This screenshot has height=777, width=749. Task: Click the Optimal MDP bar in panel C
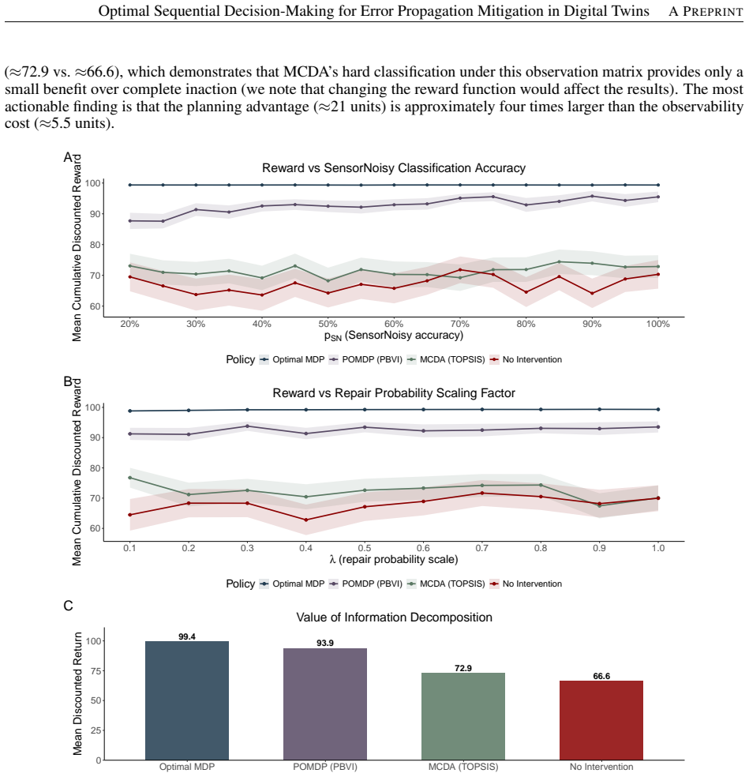pos(187,700)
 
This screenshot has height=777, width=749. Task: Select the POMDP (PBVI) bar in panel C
pos(325,704)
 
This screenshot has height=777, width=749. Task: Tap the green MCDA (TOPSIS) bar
pos(463,716)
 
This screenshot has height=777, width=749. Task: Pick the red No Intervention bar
pos(601,720)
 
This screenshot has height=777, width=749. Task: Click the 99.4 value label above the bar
pos(187,636)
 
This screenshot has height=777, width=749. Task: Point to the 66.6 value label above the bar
pos(601,677)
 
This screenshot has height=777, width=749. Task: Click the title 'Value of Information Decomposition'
pos(395,617)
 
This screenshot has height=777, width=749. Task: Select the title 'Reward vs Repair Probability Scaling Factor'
pos(394,393)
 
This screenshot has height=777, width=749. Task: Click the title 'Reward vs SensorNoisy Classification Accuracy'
pos(394,168)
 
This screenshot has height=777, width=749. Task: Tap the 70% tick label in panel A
pos(459,324)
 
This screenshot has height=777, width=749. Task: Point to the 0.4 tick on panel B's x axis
pos(305,548)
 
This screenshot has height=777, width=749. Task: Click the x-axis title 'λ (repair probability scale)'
pos(394,560)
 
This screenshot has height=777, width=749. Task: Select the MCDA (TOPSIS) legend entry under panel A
pos(446,360)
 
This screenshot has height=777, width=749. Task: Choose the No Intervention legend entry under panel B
pos(526,584)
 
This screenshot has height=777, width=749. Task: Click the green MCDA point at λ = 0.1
pos(129,478)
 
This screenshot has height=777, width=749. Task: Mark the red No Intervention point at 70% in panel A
pos(459,269)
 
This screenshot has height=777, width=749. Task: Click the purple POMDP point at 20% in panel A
pos(129,220)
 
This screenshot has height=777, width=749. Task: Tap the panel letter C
pos(68,606)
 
